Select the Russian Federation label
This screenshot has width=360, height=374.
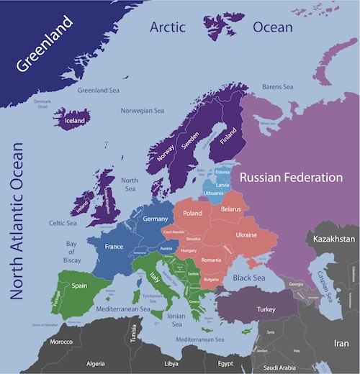291,177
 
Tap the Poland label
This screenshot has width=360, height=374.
192,214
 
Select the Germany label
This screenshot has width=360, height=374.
156,219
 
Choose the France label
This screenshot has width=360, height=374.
114,246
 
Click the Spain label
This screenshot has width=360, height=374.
81,285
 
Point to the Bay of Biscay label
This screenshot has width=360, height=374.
71,252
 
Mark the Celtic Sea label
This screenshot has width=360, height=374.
62,223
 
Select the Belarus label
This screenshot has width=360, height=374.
230,209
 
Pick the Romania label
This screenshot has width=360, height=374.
212,259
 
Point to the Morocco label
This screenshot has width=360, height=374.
61,341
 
